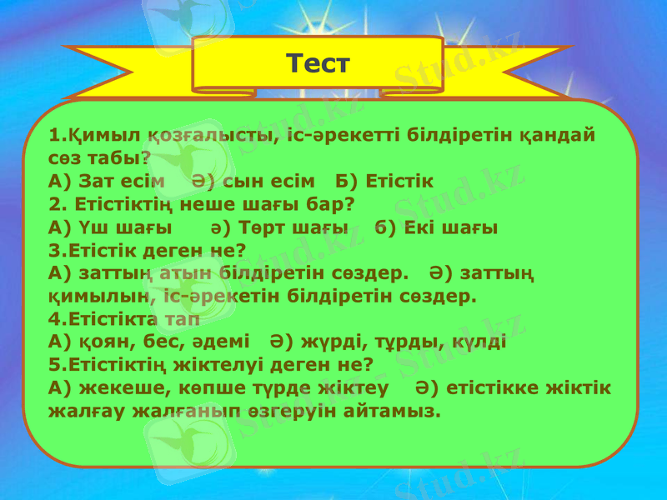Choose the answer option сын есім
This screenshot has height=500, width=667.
(268, 181)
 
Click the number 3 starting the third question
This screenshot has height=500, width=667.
(54, 249)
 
